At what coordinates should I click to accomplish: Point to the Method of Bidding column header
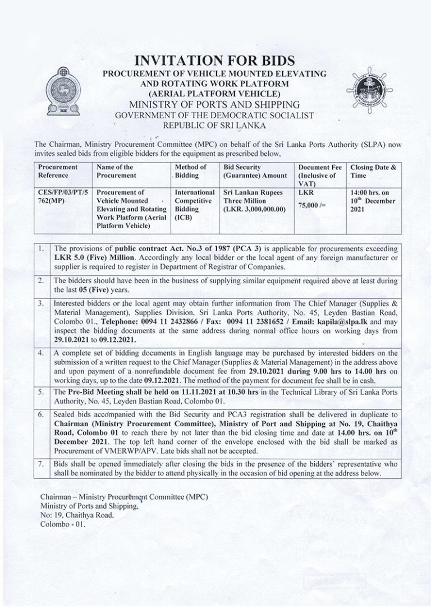pos(191,170)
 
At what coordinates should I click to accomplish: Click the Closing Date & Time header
pos(373,170)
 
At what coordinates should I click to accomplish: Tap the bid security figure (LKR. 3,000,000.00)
pos(255,209)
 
